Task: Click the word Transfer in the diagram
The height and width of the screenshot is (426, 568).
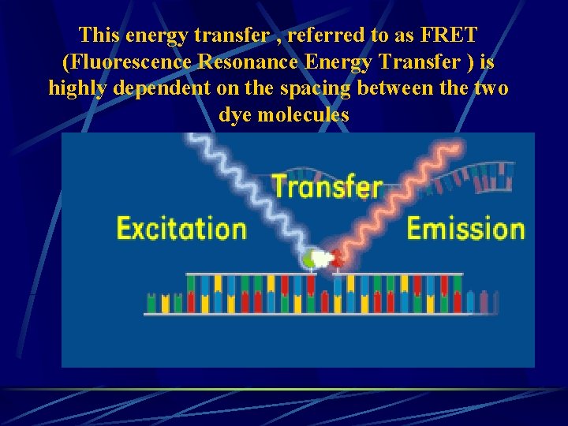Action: point(327,187)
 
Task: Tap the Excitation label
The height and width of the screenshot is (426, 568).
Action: point(181,229)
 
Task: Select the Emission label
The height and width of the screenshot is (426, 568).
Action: point(465,229)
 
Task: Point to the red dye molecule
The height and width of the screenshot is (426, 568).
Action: point(337,258)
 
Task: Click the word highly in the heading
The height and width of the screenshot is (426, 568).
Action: point(77,88)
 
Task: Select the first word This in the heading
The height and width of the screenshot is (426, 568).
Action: point(99,35)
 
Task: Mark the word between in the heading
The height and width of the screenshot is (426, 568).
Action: point(396,88)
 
